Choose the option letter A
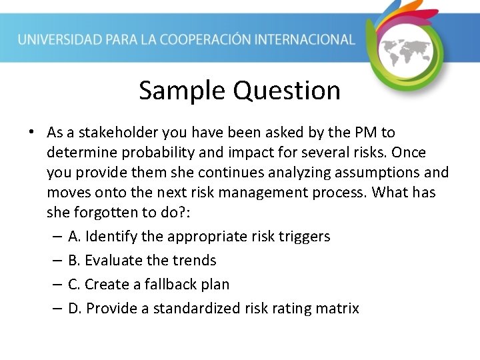click(73, 237)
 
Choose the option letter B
click(73, 261)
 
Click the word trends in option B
click(193, 261)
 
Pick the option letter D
click(74, 309)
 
